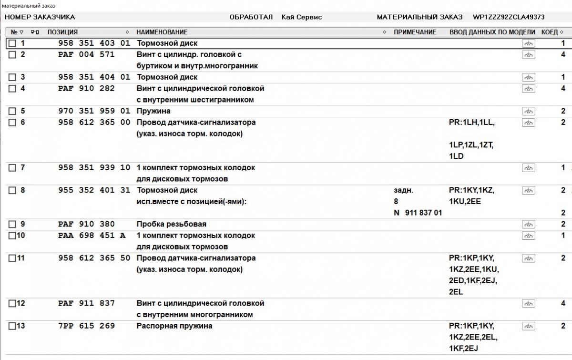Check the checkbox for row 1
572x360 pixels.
[x=12, y=43]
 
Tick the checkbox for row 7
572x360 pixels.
[x=12, y=168]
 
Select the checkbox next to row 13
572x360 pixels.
[x=12, y=326]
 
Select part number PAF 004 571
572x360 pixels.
[x=86, y=54]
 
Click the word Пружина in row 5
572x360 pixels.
[x=153, y=111]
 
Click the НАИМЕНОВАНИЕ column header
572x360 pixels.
[x=162, y=32]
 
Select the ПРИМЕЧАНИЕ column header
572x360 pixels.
[x=415, y=32]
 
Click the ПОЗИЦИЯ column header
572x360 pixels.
[x=62, y=32]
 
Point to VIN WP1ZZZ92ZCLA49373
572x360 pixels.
[x=509, y=17]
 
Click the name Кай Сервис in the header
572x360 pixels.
[x=302, y=17]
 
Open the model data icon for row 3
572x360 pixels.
[x=528, y=77]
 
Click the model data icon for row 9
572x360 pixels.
[x=528, y=224]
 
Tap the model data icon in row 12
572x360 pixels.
[x=528, y=303]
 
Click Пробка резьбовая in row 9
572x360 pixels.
[x=172, y=224]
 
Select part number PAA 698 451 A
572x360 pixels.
[x=92, y=236]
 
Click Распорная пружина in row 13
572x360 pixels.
[x=174, y=326]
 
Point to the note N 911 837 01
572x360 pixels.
[x=418, y=213]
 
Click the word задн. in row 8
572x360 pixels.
[x=404, y=190]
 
